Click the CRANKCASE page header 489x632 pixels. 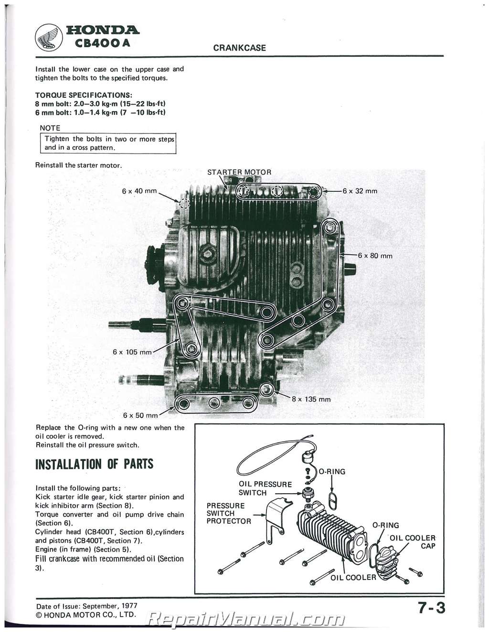tap(239, 48)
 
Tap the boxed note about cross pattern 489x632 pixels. tap(109, 143)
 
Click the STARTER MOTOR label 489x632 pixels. tap(239, 172)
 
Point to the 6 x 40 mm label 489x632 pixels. tap(139, 191)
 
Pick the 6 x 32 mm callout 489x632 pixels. tap(360, 191)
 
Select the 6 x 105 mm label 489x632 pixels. tap(132, 352)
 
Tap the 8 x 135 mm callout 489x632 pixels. tap(311, 399)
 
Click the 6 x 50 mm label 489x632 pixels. tap(140, 415)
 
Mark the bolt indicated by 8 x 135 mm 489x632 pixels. tap(266, 388)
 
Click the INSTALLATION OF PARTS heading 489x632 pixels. tap(95, 464)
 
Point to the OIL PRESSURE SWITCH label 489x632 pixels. tap(265, 488)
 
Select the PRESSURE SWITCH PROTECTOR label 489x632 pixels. tap(228, 513)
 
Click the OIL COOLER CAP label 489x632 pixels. tap(413, 542)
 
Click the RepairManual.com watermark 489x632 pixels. tap(246, 620)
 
